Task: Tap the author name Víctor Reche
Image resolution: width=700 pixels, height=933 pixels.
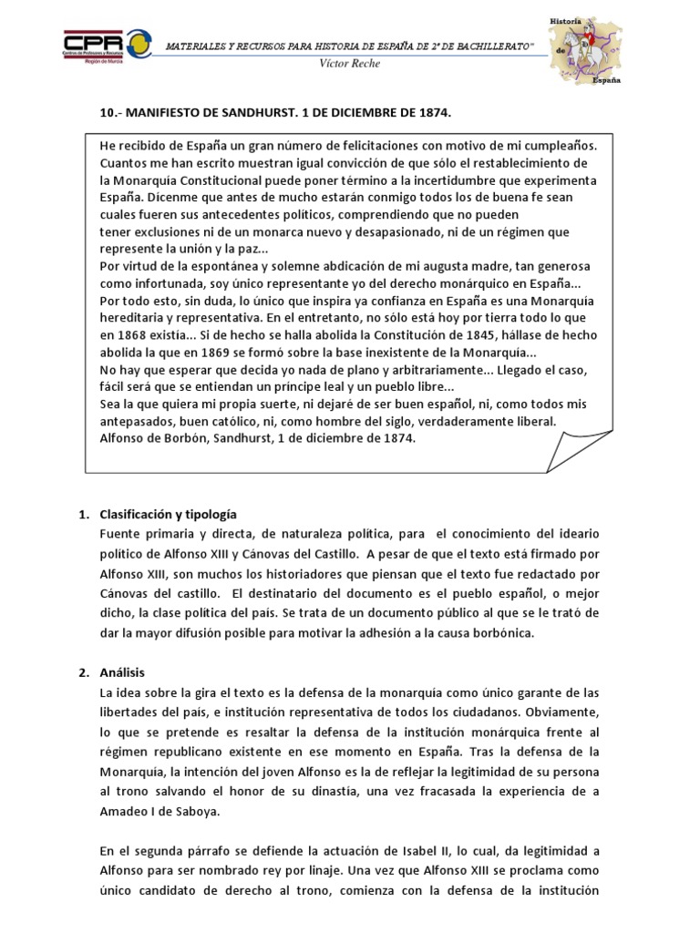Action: click(350, 64)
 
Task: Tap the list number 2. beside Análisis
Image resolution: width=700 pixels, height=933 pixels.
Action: click(82, 672)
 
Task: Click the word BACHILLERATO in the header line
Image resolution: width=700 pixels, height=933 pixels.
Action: click(513, 47)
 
